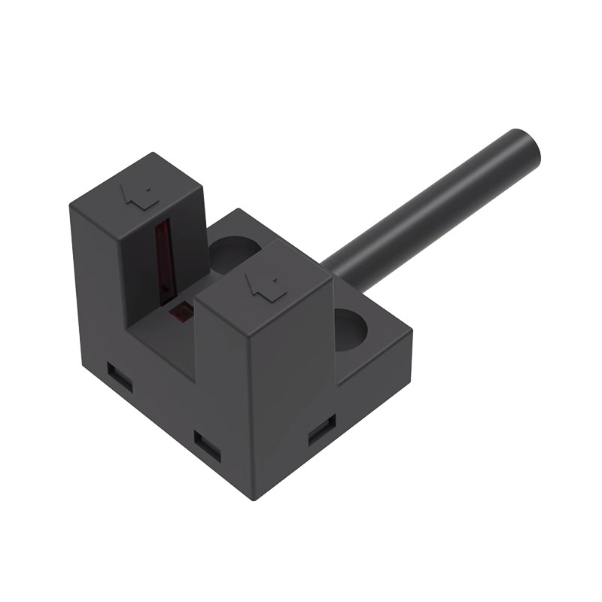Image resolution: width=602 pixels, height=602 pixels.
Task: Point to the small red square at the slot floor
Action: (180, 311)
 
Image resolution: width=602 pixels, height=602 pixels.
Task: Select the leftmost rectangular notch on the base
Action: (119, 377)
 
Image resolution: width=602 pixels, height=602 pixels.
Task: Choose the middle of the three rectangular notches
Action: (205, 444)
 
